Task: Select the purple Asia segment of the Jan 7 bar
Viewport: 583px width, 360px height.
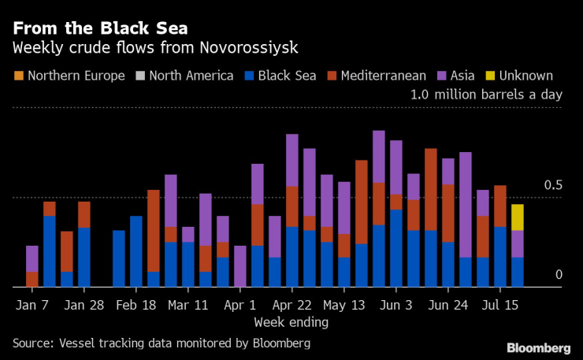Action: click(x=32, y=258)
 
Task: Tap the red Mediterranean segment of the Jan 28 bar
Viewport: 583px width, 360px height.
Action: click(x=84, y=214)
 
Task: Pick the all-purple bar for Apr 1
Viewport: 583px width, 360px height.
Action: click(x=240, y=266)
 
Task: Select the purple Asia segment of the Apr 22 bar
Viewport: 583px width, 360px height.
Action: click(x=292, y=160)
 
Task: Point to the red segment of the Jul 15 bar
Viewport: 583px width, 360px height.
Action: click(x=499, y=206)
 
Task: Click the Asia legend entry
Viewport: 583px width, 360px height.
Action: click(x=455, y=76)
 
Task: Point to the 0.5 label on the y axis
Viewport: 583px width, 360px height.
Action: click(x=555, y=185)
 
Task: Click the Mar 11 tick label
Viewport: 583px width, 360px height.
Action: click(x=188, y=304)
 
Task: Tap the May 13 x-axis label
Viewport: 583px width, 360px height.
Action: click(x=343, y=304)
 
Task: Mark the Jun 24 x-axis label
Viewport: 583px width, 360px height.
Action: click(x=447, y=304)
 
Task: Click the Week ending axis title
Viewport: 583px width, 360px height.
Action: click(x=291, y=322)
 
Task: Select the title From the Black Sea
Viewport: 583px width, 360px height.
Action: click(x=99, y=28)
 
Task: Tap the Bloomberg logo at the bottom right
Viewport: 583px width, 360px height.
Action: click(x=539, y=347)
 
